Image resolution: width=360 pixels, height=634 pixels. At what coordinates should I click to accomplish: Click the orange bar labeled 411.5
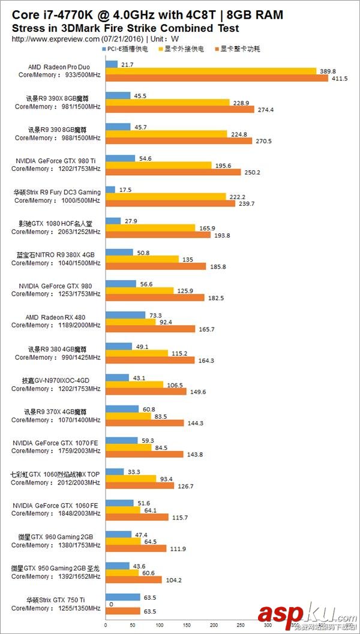217,78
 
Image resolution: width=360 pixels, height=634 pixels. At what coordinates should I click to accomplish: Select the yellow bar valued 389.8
211,71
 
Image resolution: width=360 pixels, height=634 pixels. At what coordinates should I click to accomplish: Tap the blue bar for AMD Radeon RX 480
125,315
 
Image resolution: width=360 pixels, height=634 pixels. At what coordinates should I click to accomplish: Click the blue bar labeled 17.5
110,190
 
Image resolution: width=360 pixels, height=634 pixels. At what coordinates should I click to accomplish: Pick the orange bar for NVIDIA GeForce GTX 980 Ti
173,172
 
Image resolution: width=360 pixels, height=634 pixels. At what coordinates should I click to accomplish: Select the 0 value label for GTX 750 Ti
110,605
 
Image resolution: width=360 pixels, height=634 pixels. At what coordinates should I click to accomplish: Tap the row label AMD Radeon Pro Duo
59,67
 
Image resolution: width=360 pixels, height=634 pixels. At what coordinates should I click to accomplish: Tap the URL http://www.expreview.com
56,39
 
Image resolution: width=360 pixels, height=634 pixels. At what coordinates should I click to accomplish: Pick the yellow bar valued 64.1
123,510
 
